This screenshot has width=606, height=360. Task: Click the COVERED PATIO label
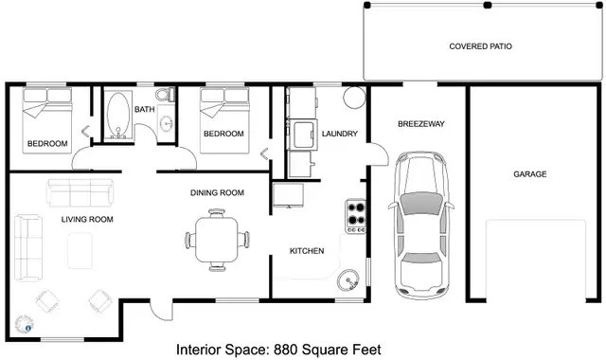[480, 46]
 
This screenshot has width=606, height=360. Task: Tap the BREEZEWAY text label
[421, 124]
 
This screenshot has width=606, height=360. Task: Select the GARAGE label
[530, 174]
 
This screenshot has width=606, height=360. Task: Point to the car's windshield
[421, 203]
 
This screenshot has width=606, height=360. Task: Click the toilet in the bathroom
[165, 95]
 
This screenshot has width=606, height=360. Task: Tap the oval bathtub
[118, 115]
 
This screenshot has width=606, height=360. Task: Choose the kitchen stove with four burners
[356, 216]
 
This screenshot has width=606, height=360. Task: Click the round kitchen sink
[348, 279]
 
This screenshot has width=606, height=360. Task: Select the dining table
[217, 240]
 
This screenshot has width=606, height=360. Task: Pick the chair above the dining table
[217, 213]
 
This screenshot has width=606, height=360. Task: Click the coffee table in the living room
[80, 250]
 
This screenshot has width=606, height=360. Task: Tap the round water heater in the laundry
[354, 97]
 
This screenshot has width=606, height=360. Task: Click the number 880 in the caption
[286, 350]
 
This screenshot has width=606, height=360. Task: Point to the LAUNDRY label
[340, 134]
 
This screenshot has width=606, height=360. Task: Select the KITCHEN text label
[307, 251]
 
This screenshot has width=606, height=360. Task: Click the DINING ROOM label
[217, 192]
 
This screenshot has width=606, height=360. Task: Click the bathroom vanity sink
[167, 123]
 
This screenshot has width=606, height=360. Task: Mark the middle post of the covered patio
[488, 5]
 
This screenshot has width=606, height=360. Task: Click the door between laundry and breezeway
[379, 153]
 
